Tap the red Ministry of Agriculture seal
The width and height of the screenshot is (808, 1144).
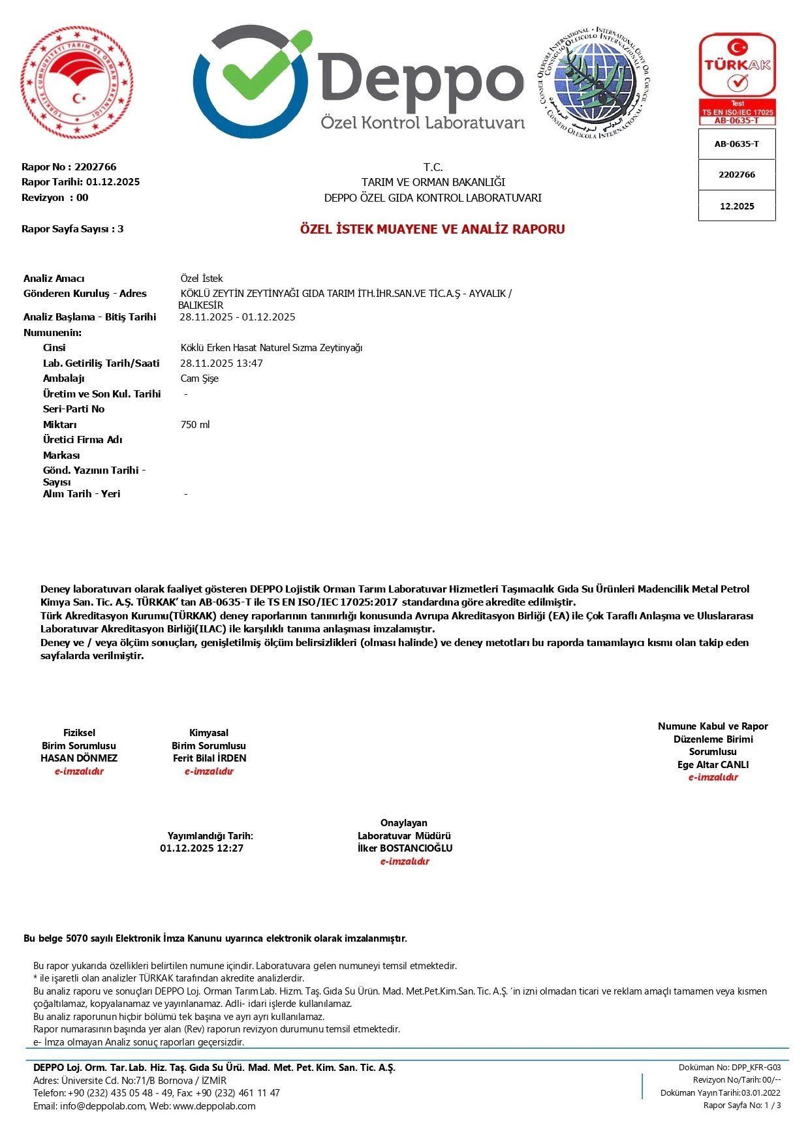click(77, 83)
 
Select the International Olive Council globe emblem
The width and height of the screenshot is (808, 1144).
click(594, 82)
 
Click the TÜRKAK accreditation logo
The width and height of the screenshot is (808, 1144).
click(737, 78)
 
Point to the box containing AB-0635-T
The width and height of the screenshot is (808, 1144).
click(737, 144)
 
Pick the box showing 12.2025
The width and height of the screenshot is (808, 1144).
click(737, 206)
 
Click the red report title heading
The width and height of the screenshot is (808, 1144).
click(432, 229)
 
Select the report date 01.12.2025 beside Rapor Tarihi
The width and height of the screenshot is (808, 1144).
click(113, 182)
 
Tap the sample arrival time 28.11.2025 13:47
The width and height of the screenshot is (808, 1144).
click(221, 363)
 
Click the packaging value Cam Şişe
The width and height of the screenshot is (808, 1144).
click(200, 379)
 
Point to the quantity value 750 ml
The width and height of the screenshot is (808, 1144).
click(195, 425)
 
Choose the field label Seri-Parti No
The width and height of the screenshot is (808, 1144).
click(74, 409)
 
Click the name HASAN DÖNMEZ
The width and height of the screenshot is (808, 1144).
click(79, 758)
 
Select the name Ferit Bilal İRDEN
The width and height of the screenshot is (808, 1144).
click(210, 758)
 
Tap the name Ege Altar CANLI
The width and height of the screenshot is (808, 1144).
click(713, 765)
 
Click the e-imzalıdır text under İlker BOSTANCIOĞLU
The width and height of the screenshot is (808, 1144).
click(405, 861)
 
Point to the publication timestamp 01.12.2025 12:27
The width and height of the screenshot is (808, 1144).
click(202, 848)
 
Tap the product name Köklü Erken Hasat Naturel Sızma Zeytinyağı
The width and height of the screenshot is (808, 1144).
click(272, 348)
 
